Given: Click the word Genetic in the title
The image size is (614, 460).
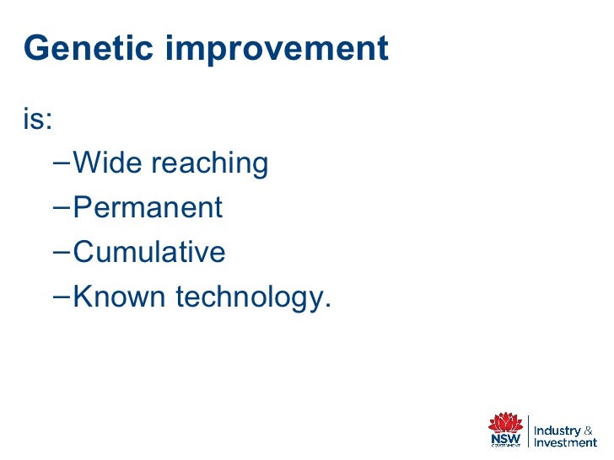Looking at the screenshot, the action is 88,48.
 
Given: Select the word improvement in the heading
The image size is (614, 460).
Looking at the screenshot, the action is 277,50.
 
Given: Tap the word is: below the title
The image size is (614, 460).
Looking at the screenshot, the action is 38,119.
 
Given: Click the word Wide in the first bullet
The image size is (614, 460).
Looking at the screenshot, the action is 107,163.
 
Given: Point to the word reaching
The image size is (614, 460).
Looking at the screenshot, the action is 210,164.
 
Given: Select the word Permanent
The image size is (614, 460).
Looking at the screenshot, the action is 148,207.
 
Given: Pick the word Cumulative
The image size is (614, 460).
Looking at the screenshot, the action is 149,251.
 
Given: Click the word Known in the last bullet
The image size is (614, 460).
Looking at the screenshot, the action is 119,296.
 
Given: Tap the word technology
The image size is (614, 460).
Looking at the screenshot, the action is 250,297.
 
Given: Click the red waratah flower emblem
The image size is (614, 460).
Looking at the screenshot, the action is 505,421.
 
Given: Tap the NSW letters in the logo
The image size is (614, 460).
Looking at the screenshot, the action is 505,438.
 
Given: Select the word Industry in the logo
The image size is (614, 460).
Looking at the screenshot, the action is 557,431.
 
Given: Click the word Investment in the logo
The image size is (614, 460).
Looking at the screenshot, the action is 565,443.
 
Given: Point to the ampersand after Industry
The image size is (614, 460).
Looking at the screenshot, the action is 588,431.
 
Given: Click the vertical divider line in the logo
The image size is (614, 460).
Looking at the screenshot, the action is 528,431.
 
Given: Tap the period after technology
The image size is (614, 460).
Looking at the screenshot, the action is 328,305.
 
